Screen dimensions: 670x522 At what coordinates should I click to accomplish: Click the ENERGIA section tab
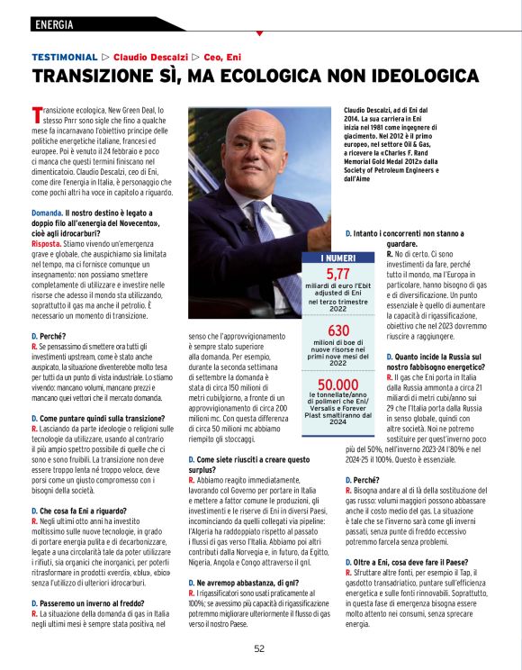53,24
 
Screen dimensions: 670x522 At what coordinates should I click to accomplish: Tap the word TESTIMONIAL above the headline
64,56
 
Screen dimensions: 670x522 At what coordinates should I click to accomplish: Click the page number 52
259,647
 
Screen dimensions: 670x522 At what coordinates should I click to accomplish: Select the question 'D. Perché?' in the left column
49,335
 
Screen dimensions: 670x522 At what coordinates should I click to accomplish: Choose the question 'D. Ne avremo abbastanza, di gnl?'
244,584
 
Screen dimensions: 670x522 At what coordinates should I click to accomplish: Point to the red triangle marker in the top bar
259,33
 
